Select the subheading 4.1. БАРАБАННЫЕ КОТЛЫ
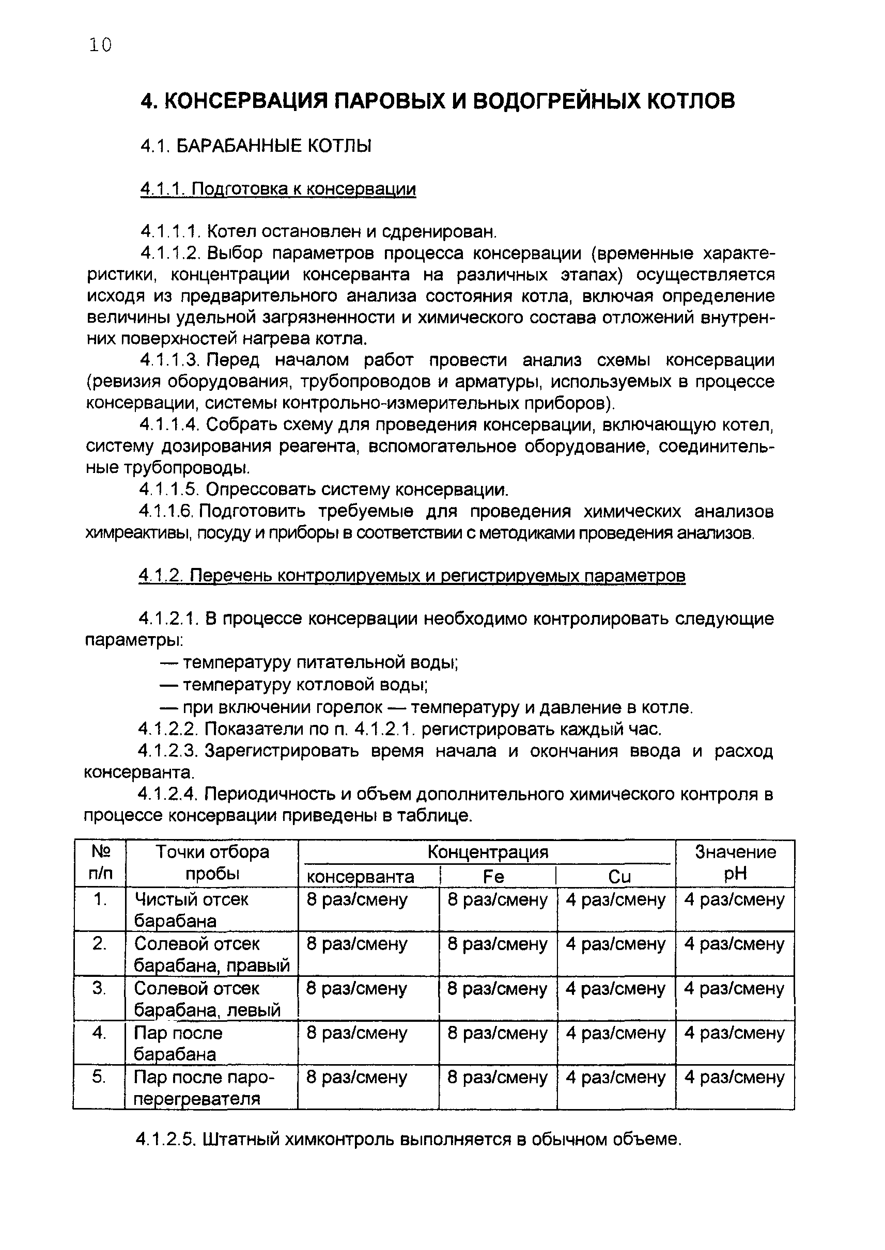[x=256, y=146]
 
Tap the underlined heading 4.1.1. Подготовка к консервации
[x=278, y=189]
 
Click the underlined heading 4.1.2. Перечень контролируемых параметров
[x=412, y=575]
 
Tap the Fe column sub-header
[x=494, y=876]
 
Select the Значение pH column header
[x=735, y=863]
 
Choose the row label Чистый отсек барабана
[x=191, y=909]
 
